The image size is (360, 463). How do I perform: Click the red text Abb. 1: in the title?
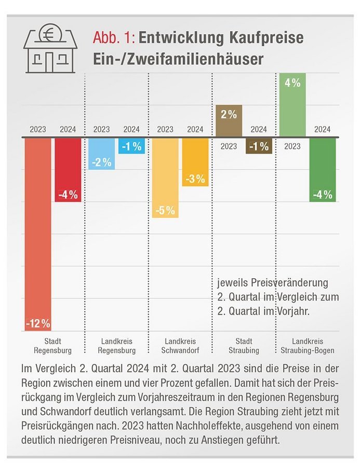(114, 38)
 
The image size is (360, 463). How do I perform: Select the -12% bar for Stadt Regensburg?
(38, 234)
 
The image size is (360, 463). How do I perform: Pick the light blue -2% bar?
(101, 154)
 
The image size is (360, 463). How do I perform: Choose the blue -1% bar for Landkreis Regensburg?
(131, 146)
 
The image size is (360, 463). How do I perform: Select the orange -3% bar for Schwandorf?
(195, 161)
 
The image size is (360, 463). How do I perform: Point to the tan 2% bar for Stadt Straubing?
(229, 121)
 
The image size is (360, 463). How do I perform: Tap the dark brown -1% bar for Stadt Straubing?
(259, 146)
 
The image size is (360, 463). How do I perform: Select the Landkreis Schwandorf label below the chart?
(180, 346)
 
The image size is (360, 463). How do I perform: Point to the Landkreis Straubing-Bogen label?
(308, 346)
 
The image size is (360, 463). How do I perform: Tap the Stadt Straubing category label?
(244, 346)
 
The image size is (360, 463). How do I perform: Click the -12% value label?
(38, 323)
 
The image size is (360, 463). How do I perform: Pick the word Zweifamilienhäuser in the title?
(201, 58)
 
